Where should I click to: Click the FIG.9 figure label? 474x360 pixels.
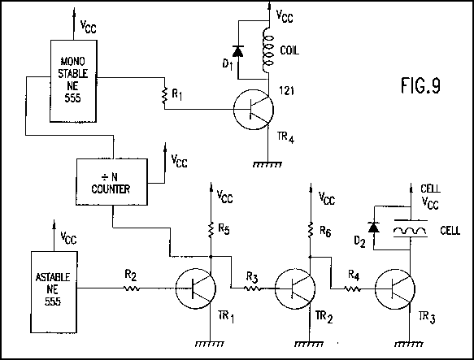pyautogui.click(x=420, y=85)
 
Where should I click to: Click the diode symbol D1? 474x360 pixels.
pyautogui.click(x=238, y=51)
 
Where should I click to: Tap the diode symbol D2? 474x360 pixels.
pyautogui.click(x=374, y=228)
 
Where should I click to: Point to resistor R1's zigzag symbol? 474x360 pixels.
pyautogui.click(x=164, y=95)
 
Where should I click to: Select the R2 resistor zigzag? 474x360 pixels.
pyautogui.click(x=132, y=288)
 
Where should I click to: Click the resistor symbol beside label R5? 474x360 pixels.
pyautogui.click(x=211, y=229)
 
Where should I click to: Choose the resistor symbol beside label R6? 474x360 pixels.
pyautogui.click(x=310, y=229)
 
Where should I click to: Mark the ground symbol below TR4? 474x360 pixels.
pyautogui.click(x=267, y=165)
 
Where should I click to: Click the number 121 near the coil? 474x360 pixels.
pyautogui.click(x=286, y=90)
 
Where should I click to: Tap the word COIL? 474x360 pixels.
pyautogui.click(x=289, y=50)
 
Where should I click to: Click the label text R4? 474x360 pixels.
pyautogui.click(x=354, y=275)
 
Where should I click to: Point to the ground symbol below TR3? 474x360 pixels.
pyautogui.click(x=409, y=344)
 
